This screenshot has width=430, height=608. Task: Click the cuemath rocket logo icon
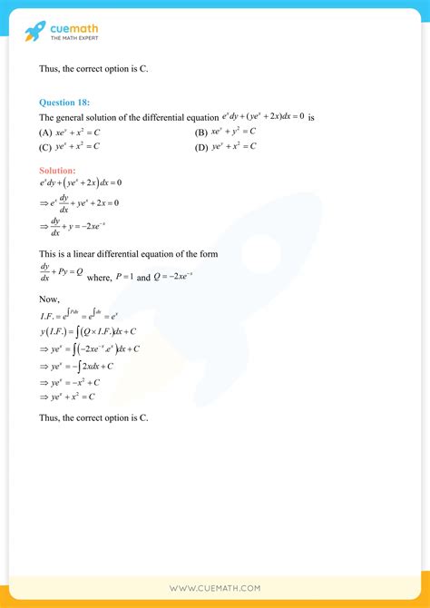click(35, 31)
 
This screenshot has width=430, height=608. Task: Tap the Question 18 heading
click(64, 103)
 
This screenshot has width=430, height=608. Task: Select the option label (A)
click(45, 132)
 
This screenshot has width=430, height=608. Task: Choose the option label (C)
click(45, 146)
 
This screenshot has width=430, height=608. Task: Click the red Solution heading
click(58, 170)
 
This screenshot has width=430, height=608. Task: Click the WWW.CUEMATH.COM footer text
click(215, 589)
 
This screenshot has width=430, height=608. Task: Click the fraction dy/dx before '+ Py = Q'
click(45, 271)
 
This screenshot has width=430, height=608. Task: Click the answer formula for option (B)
click(234, 132)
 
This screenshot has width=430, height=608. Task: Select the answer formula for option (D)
click(234, 146)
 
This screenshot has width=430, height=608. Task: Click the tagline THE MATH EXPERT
click(74, 38)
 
